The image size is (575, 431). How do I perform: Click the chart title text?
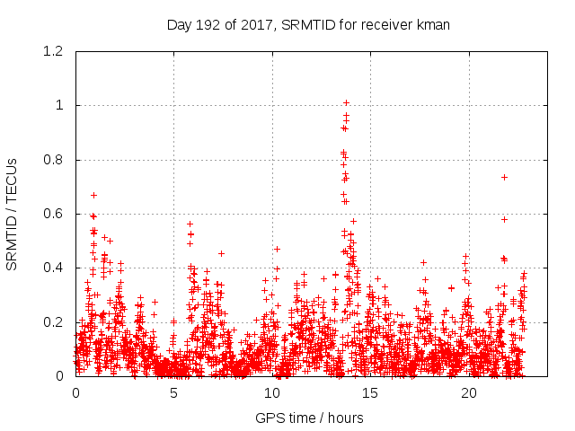pyautogui.click(x=308, y=24)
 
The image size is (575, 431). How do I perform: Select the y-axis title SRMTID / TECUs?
pyautogui.click(x=13, y=214)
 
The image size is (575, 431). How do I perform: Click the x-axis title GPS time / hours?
pyautogui.click(x=308, y=418)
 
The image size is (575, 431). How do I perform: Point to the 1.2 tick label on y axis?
pyautogui.click(x=52, y=51)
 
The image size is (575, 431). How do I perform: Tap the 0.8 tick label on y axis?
pyautogui.click(x=52, y=160)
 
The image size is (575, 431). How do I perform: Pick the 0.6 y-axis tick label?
pyautogui.click(x=52, y=214)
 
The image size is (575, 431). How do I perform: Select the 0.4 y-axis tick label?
pyautogui.click(x=52, y=268)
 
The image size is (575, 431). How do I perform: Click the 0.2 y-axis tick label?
pyautogui.click(x=52, y=321)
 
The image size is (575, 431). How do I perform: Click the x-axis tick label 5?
pyautogui.click(x=173, y=393)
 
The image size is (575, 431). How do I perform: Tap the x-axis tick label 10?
pyautogui.click(x=272, y=393)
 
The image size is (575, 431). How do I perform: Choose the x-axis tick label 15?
pyautogui.click(x=370, y=393)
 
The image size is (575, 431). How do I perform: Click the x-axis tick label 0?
pyautogui.click(x=75, y=393)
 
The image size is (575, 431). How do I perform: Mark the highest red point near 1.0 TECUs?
pyautogui.click(x=346, y=102)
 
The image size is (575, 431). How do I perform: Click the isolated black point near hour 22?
pyautogui.click(x=504, y=177)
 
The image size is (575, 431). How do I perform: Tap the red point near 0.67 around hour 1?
pyautogui.click(x=93, y=195)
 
